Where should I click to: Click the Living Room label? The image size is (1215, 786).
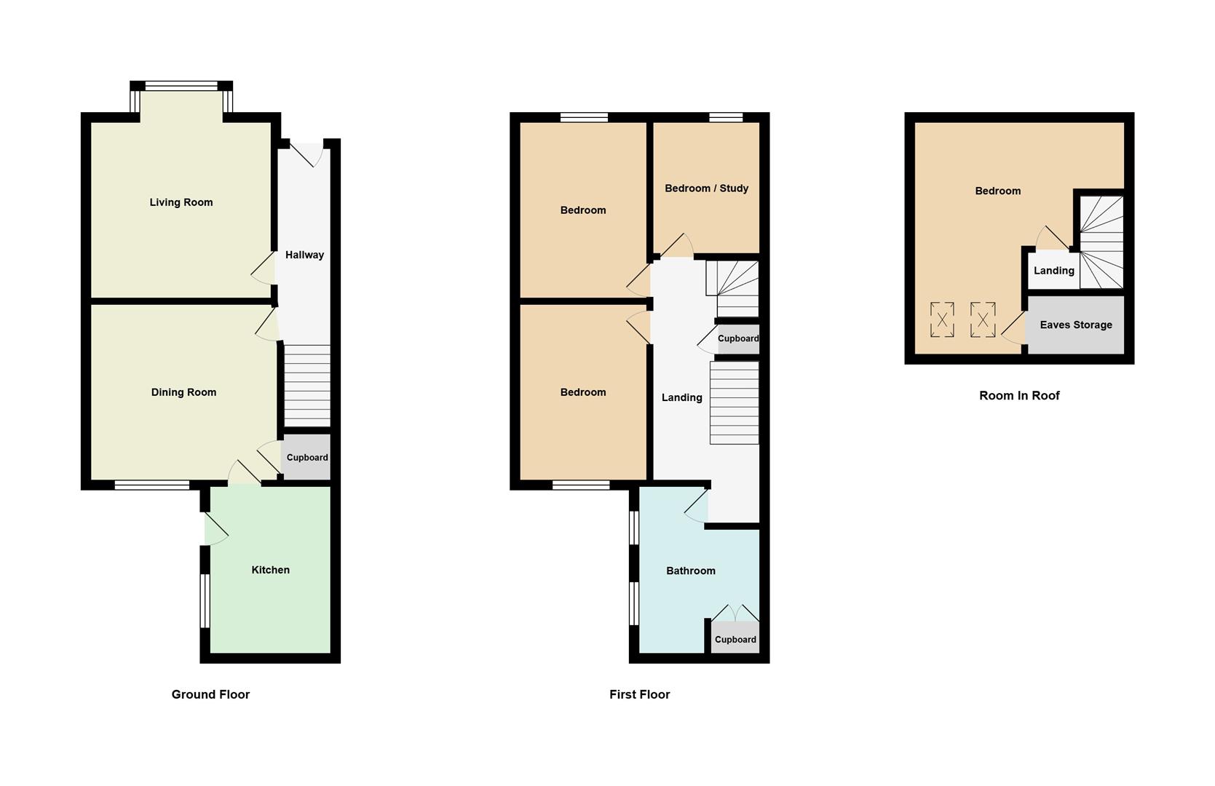point(181,202)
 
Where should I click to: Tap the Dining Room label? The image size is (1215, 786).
point(183,392)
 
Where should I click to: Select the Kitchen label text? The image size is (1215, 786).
point(270,570)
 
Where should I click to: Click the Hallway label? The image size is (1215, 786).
point(304,255)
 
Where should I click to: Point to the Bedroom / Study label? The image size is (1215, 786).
point(706,188)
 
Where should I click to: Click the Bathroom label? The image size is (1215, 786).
point(690,571)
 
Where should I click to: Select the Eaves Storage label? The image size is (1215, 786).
point(1075,325)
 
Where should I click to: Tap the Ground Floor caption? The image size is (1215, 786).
point(210,694)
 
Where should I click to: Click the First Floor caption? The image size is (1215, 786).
point(639,694)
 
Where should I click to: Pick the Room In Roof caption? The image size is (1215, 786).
point(1018,396)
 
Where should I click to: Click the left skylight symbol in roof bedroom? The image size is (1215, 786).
point(942,319)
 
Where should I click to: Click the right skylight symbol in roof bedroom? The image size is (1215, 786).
point(983,319)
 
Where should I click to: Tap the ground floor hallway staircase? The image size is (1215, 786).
point(306,385)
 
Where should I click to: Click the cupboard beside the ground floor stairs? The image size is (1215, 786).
point(306,458)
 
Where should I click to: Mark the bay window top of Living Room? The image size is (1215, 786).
point(181,86)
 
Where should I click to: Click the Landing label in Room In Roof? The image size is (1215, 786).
point(1053,271)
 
